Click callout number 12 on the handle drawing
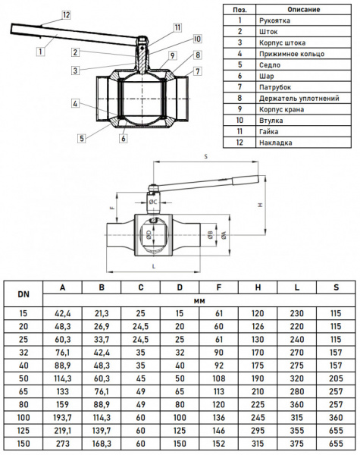[66, 14]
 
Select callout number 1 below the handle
[38, 51]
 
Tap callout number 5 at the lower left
[80, 138]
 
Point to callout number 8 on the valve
[197, 55]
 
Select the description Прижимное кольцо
[292, 54]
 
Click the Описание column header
[305, 8]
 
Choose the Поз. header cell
[239, 8]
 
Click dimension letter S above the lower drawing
[205, 155]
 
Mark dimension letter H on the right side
[259, 205]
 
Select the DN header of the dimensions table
[23, 293]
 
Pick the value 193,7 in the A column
[62, 416]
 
